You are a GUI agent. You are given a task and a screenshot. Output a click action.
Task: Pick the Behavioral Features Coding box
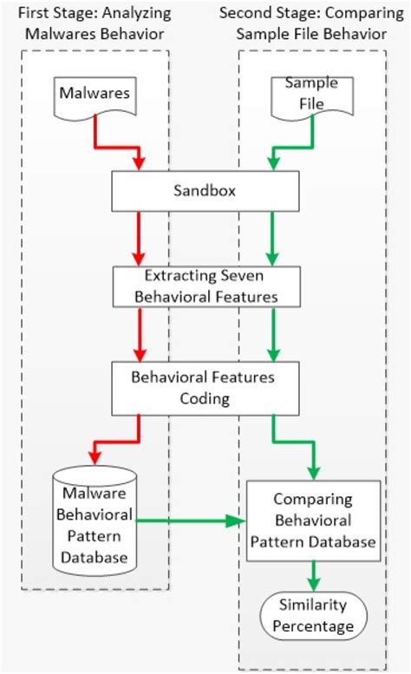(205, 388)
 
